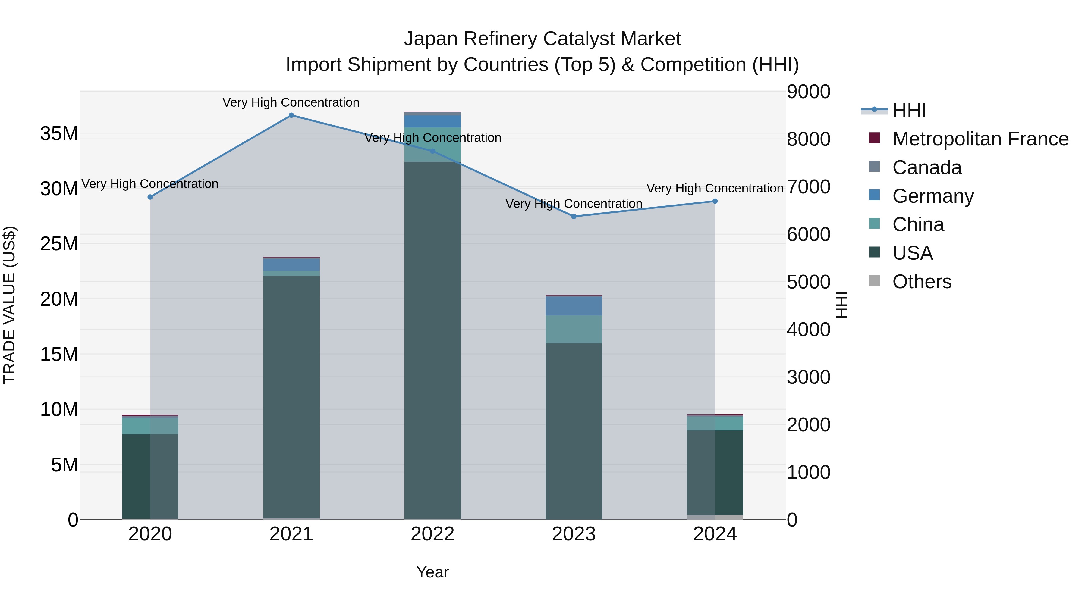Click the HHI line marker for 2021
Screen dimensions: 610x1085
[291, 115]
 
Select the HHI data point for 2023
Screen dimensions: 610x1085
[574, 216]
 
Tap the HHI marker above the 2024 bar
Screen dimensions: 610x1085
[715, 201]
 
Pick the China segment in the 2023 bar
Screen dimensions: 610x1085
[574, 329]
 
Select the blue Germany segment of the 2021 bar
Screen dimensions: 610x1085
[291, 264]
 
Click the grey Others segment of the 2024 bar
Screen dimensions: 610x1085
[715, 517]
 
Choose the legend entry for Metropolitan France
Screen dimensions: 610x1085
[980, 139]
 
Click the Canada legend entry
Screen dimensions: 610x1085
[927, 167]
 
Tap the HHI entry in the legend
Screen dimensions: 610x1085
[909, 110]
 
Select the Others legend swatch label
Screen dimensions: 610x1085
[922, 282]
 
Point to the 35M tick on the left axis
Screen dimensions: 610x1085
[59, 134]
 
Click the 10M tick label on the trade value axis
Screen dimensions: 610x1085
[59, 410]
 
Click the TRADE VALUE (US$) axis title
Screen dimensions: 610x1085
[9, 305]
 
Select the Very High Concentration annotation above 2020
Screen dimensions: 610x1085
[150, 184]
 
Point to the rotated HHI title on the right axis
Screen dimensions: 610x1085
[841, 305]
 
